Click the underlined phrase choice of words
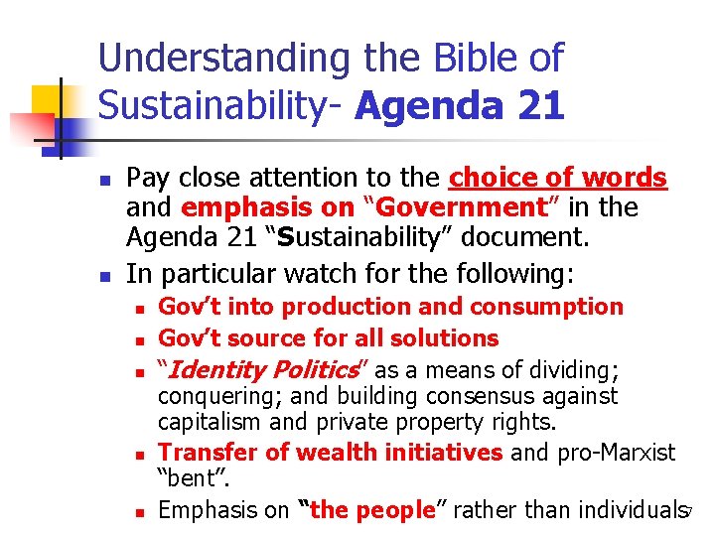click(558, 179)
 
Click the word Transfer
click(200, 453)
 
